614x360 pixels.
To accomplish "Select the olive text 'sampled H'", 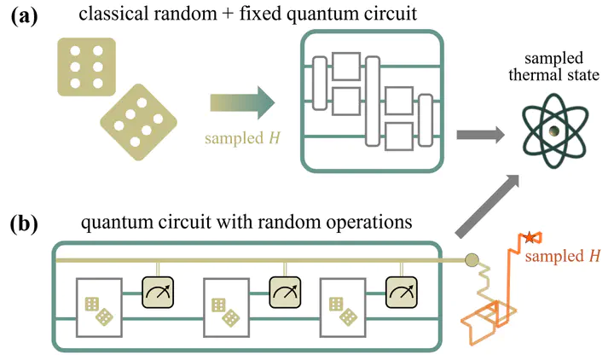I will click(240, 136).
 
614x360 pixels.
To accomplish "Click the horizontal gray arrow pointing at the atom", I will click(483, 134).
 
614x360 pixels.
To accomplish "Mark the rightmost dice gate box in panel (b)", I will click(345, 309).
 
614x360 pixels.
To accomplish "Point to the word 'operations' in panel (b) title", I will click(364, 224).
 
